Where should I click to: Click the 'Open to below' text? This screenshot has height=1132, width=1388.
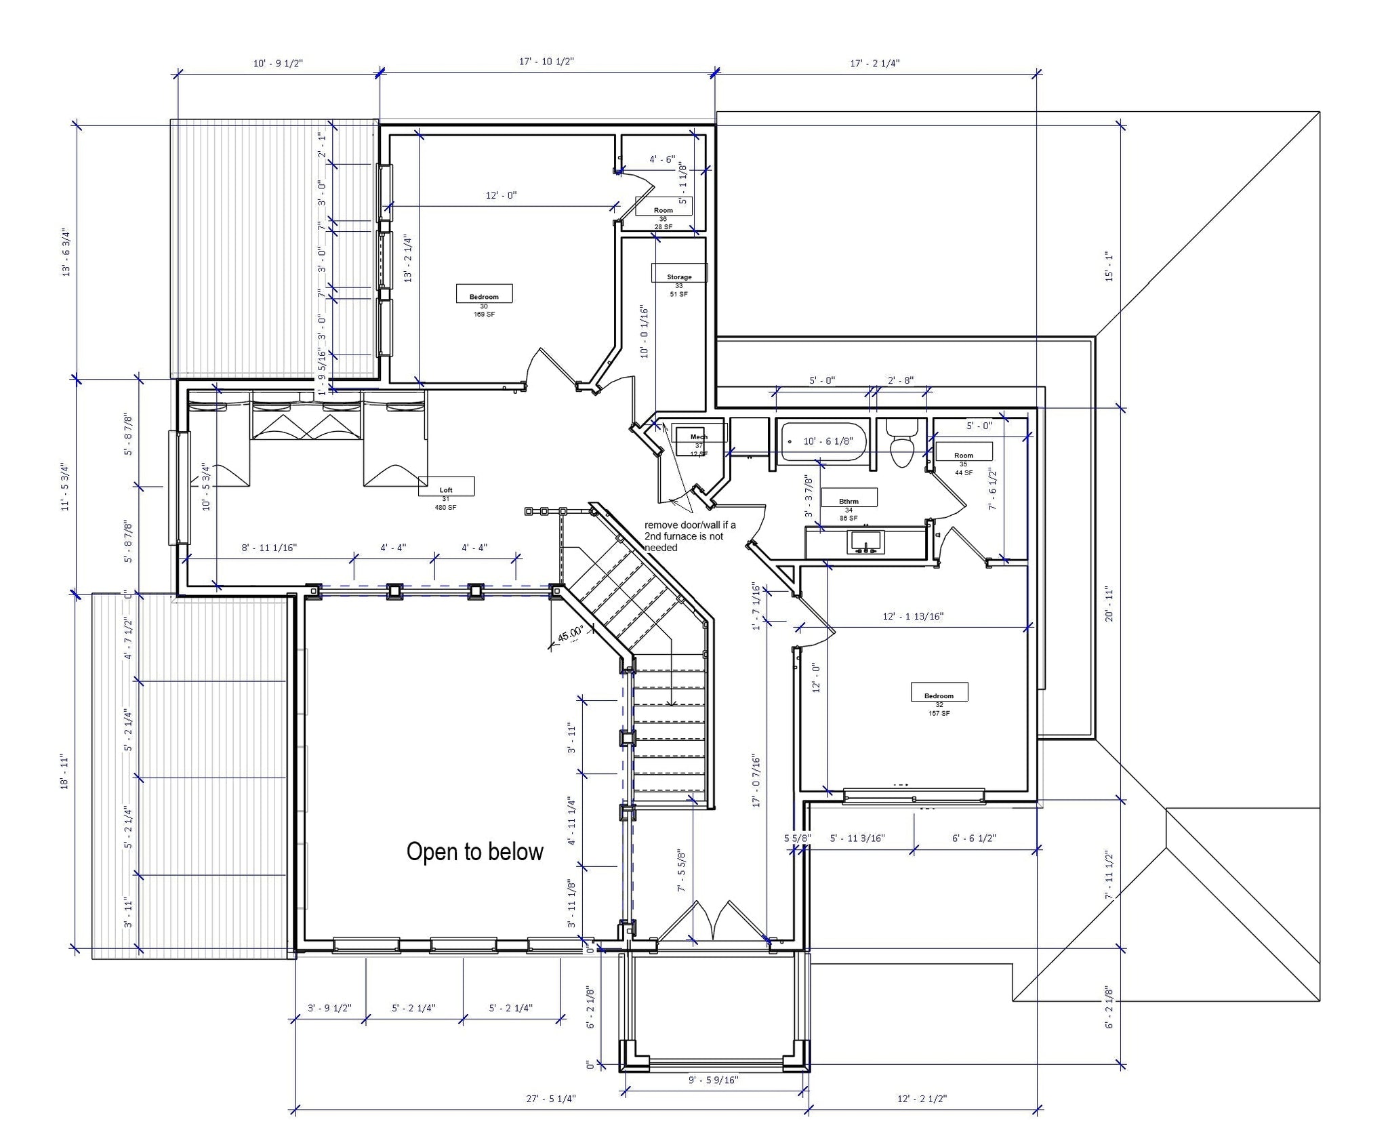pyautogui.click(x=474, y=852)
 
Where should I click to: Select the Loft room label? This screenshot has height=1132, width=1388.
pyautogui.click(x=446, y=489)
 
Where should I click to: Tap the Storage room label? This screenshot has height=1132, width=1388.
pyautogui.click(x=679, y=277)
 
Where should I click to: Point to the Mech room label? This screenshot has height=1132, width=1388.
pyautogui.click(x=699, y=437)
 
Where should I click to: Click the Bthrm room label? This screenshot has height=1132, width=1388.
pyautogui.click(x=849, y=501)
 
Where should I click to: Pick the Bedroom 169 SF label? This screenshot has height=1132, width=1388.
pyautogui.click(x=484, y=296)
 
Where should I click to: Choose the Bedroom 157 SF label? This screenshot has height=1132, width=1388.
pyautogui.click(x=939, y=695)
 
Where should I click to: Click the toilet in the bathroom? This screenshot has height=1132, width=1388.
pyautogui.click(x=902, y=445)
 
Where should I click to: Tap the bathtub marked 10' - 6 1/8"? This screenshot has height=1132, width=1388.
pyautogui.click(x=823, y=441)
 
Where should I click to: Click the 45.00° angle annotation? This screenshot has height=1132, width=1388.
pyautogui.click(x=570, y=634)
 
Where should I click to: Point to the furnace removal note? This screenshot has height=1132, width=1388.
pyautogui.click(x=689, y=536)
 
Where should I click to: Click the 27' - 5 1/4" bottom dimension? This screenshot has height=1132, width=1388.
pyautogui.click(x=551, y=1099)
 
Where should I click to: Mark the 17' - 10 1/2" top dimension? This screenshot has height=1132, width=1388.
pyautogui.click(x=546, y=62)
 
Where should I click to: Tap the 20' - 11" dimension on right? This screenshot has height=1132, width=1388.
pyautogui.click(x=1109, y=605)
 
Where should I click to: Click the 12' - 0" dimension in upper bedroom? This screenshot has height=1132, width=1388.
pyautogui.click(x=501, y=195)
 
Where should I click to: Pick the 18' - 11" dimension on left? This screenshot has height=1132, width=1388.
pyautogui.click(x=65, y=771)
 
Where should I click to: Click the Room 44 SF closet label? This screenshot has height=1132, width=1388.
pyautogui.click(x=963, y=455)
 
